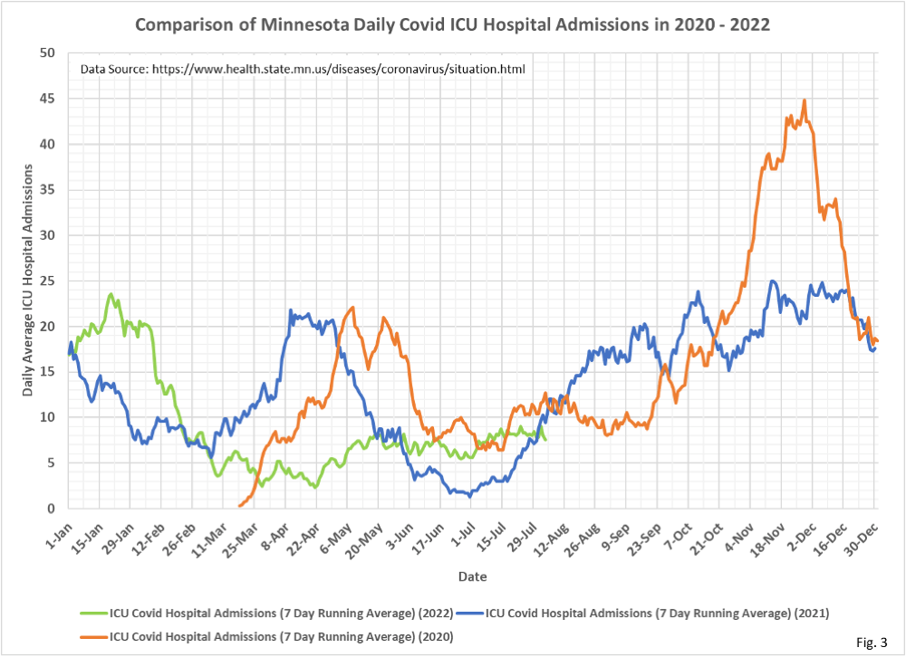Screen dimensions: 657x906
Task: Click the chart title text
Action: pos(453,24)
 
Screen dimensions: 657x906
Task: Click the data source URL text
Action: pos(303,69)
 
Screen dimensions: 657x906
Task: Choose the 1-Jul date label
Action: pos(461,531)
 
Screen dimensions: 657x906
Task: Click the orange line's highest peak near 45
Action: pos(804,100)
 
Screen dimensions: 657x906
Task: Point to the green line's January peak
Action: pos(111,294)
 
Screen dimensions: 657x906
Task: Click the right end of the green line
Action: pos(545,439)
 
